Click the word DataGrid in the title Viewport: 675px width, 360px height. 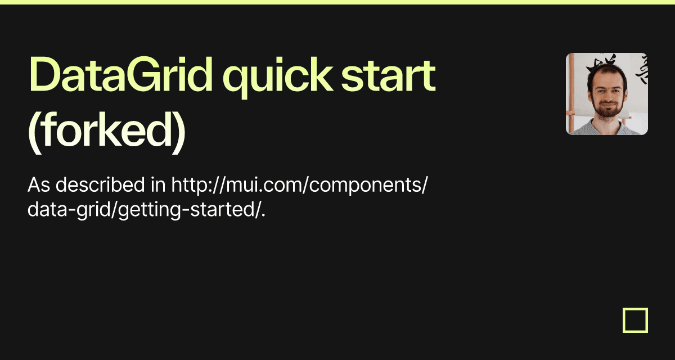[x=121, y=76]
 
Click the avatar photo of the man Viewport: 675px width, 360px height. [x=606, y=94]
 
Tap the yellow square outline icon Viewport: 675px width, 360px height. [x=635, y=320]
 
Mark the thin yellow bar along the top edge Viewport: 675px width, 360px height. [x=337, y=2]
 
